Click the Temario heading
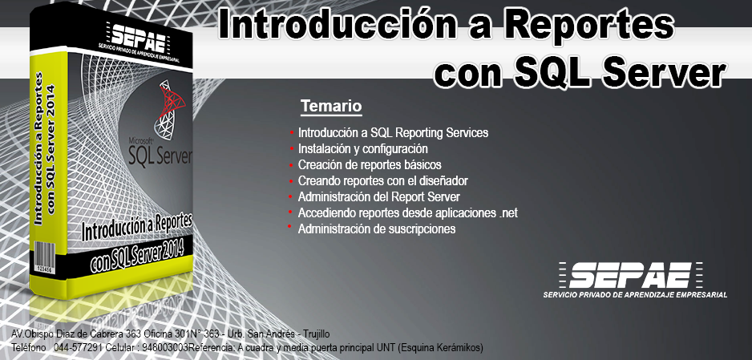pyautogui.click(x=331, y=106)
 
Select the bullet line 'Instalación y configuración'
pyautogui.click(x=362, y=148)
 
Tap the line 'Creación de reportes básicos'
pyautogui.click(x=370, y=165)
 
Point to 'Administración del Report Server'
pyautogui.click(x=379, y=196)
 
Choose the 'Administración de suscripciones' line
pyautogui.click(x=377, y=229)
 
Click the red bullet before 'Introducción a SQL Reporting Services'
pyautogui.click(x=291, y=131)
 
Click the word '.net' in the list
pyautogui.click(x=508, y=212)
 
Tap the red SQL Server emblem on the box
pyautogui.click(x=168, y=108)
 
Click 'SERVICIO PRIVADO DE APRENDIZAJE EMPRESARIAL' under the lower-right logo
pyautogui.click(x=635, y=294)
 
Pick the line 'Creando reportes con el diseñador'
pyautogui.click(x=382, y=180)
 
